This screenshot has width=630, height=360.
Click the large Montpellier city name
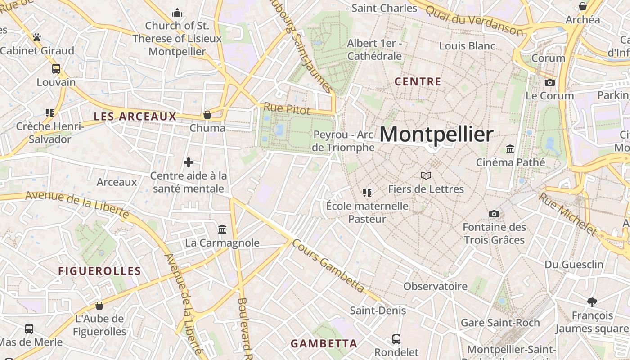click(436, 134)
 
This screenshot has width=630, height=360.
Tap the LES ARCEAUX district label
click(135, 117)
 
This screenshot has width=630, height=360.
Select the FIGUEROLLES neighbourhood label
click(100, 271)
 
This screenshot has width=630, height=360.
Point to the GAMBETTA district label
click(324, 344)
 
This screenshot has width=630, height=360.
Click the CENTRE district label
click(418, 82)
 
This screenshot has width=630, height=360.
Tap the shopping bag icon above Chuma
click(207, 115)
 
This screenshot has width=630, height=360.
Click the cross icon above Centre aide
click(189, 162)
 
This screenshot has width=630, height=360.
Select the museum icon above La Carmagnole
click(222, 229)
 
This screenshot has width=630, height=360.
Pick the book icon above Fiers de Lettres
click(426, 175)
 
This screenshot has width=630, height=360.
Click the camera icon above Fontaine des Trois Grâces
click(494, 214)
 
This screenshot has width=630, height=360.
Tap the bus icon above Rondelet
click(396, 339)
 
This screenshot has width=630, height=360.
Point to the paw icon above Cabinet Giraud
click(37, 37)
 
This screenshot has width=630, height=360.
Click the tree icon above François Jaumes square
click(592, 302)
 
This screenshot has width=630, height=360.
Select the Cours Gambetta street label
click(328, 265)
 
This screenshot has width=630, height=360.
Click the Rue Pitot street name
click(287, 108)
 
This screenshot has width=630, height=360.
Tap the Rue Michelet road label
click(568, 214)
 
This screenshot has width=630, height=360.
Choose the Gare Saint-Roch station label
click(500, 323)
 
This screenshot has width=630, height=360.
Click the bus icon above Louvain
click(56, 69)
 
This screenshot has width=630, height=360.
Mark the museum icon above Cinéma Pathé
click(510, 149)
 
